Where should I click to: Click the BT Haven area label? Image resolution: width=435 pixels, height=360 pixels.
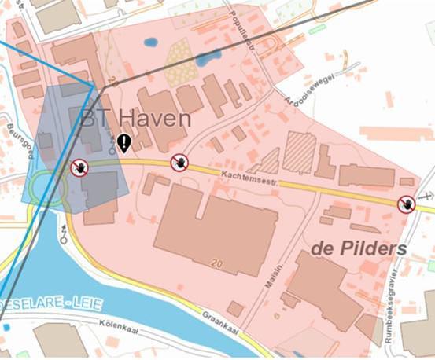[x=136, y=119]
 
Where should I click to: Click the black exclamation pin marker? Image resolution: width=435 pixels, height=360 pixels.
[x=124, y=143]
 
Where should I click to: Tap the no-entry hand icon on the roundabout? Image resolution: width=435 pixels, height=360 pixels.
[x=79, y=167]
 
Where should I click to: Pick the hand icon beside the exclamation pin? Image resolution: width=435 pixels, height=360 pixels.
[x=180, y=163]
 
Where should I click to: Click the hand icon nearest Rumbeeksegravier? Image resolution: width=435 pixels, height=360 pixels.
[x=406, y=204]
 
